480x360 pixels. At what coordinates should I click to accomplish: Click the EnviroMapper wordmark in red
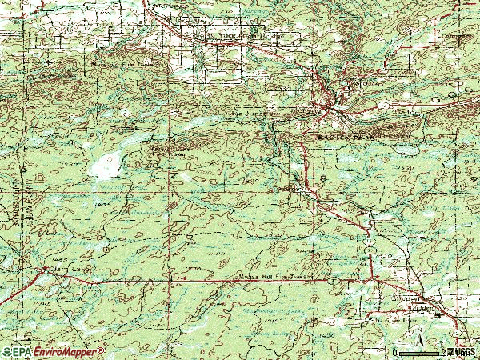pos(67,352)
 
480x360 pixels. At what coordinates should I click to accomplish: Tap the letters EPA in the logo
pos(22,352)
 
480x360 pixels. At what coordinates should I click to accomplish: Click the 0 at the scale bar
pos(395,352)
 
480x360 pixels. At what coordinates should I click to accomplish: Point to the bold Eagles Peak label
pos(346,138)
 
